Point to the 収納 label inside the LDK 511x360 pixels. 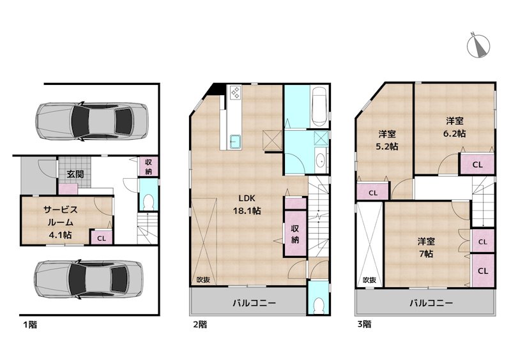pyautogui.click(x=295, y=234)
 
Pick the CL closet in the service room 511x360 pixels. pyautogui.click(x=101, y=238)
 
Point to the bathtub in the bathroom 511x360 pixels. pyautogui.click(x=319, y=107)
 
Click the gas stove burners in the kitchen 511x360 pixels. pyautogui.click(x=234, y=93)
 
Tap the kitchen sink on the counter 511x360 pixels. pyautogui.click(x=234, y=141)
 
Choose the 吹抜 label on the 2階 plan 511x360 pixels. pyautogui.click(x=203, y=280)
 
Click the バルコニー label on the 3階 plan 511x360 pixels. pyautogui.click(x=432, y=303)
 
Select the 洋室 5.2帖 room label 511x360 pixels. pyautogui.click(x=386, y=140)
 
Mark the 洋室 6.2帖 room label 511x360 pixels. pyautogui.click(x=455, y=127)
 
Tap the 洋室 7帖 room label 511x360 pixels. pyautogui.click(x=426, y=247)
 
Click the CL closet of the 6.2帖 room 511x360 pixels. pyautogui.click(x=477, y=164)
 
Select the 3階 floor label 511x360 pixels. pyautogui.click(x=363, y=324)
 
